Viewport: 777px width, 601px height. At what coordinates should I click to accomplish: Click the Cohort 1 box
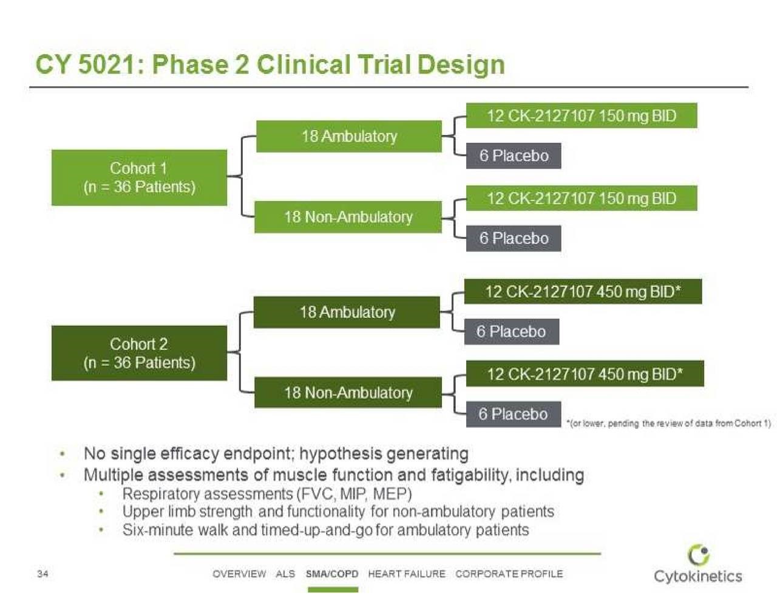point(139,177)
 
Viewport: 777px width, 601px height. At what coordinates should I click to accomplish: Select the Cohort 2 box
point(139,353)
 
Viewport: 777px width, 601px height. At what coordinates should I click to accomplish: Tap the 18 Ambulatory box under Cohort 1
point(349,136)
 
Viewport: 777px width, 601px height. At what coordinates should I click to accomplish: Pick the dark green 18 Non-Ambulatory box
point(348,393)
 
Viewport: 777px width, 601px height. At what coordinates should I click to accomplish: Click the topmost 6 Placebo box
point(514,156)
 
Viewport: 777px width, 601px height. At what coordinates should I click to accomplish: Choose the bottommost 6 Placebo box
point(514,414)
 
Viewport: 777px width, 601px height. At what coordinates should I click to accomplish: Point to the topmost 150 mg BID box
point(582,115)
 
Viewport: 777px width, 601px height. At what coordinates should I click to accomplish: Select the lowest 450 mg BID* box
point(585,374)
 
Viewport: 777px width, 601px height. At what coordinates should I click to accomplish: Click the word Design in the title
point(461,66)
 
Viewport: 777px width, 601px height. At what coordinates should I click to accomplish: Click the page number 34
point(42,574)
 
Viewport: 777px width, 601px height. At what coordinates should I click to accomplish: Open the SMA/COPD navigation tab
point(332,574)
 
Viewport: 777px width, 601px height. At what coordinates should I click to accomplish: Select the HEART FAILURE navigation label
point(407,574)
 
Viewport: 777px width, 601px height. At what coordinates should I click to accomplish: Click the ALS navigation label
point(285,574)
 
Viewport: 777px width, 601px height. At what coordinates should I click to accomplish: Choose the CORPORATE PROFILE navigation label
point(509,574)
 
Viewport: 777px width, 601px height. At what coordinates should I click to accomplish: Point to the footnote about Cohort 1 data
point(669,424)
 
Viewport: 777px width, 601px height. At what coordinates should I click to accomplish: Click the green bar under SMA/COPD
point(333,589)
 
